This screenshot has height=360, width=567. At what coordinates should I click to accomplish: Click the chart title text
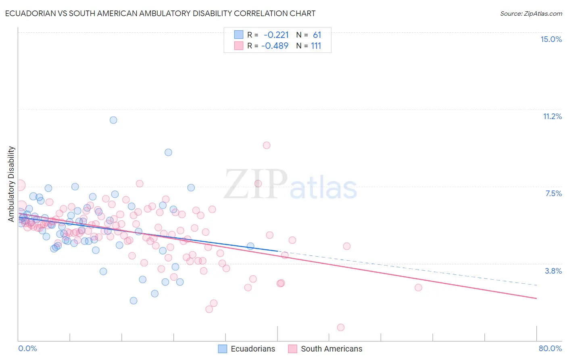coord(160,13)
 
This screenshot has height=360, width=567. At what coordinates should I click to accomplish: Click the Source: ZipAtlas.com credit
coord(531,13)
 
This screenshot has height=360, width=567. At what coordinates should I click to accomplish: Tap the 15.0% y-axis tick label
coord(551,39)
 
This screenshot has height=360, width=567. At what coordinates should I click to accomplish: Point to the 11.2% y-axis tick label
coord(552,116)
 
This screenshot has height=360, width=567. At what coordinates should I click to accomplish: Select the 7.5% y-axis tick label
coord(553,193)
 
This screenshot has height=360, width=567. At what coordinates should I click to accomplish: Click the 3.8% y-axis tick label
coord(553,271)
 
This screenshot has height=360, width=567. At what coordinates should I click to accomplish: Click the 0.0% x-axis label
coord(27,348)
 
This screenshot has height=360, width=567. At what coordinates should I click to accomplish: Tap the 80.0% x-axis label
coord(550,348)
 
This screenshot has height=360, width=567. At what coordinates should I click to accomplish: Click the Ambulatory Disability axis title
coord(11,184)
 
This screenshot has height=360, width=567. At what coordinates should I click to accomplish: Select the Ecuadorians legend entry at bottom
coord(247,349)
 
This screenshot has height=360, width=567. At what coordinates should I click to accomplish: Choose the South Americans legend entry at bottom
coord(325,349)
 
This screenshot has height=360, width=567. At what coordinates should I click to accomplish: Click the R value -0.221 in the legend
coord(276,35)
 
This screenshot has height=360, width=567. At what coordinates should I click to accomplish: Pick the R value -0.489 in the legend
coord(275,46)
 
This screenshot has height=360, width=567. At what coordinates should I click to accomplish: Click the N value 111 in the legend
coord(316,46)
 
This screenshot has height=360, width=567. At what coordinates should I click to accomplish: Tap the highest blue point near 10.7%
coord(113,120)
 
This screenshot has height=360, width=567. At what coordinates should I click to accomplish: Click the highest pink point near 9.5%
coord(267,145)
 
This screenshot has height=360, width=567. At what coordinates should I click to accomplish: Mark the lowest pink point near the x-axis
coord(341,327)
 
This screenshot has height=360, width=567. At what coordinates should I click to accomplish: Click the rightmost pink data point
coord(418,287)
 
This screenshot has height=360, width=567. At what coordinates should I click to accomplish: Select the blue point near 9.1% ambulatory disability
coord(168,152)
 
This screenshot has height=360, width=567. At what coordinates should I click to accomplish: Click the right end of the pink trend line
coord(536,298)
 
